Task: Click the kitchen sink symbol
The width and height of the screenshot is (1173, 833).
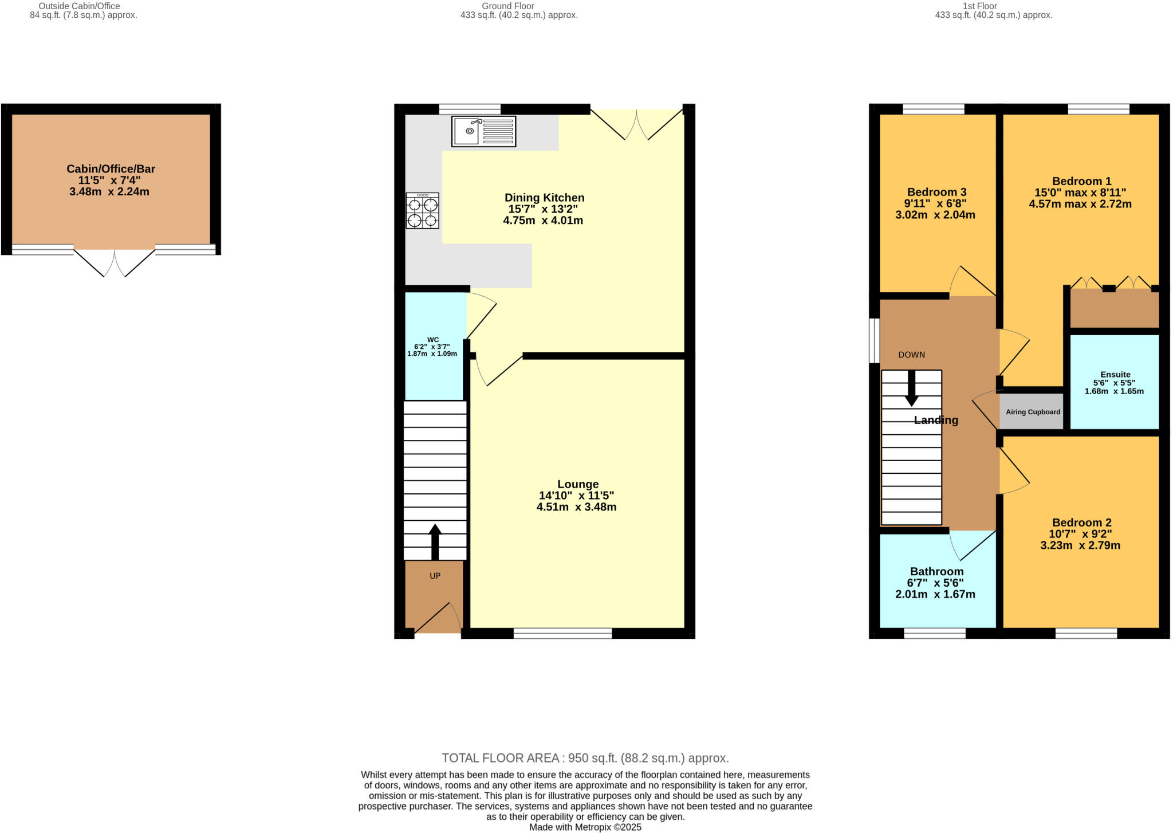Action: pyautogui.click(x=483, y=131)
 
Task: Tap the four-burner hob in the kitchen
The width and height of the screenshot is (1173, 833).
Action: pyautogui.click(x=423, y=211)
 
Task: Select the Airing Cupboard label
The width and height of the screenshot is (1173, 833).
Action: pyautogui.click(x=1033, y=412)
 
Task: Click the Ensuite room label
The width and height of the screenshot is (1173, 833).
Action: pyautogui.click(x=1115, y=375)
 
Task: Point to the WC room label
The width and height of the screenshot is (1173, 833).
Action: pyautogui.click(x=433, y=340)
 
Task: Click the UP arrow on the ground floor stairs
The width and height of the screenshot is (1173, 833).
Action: pyautogui.click(x=435, y=541)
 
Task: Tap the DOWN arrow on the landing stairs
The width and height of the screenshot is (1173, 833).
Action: pyautogui.click(x=911, y=388)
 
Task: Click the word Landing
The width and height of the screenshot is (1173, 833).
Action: pyautogui.click(x=936, y=420)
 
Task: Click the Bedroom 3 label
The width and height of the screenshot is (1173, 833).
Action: pyautogui.click(x=936, y=192)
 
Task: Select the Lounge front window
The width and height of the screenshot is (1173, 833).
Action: pyautogui.click(x=562, y=633)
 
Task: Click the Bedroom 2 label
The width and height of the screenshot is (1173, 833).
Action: pyautogui.click(x=1081, y=522)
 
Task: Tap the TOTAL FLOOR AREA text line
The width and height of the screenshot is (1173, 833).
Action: pyautogui.click(x=585, y=758)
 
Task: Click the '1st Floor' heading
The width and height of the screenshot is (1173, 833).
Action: pyautogui.click(x=995, y=6)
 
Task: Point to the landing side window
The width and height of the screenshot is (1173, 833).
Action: pyautogui.click(x=874, y=340)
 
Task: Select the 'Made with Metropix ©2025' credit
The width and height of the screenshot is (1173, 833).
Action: pyautogui.click(x=585, y=827)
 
